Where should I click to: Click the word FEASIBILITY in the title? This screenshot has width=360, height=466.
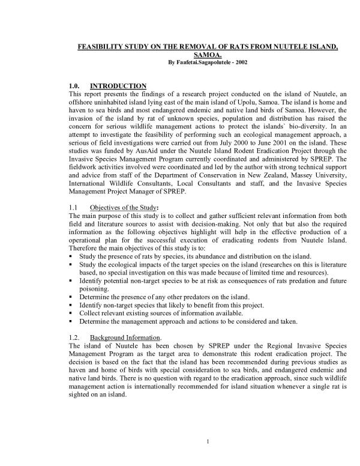[x=100, y=46]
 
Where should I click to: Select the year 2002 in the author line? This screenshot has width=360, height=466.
[x=239, y=61]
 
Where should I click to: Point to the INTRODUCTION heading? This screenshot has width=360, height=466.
[x=118, y=86]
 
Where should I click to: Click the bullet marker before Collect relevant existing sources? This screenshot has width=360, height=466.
[x=72, y=313]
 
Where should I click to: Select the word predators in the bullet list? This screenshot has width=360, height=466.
[x=183, y=297]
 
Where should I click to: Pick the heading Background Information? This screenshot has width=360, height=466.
[x=122, y=338]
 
